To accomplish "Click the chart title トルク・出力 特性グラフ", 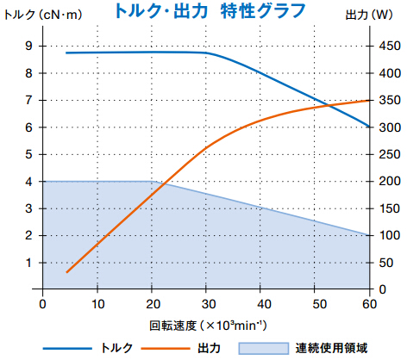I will pos(203,11).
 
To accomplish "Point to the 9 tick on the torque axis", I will pos(29,47).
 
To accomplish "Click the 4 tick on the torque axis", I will pos(29,182).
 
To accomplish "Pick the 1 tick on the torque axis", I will pos(29,263).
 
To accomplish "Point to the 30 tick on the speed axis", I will pos(206,302).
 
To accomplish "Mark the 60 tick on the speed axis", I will pos(369,302).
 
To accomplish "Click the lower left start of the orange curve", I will pos(66,272).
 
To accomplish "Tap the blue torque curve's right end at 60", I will pos(369,127).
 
